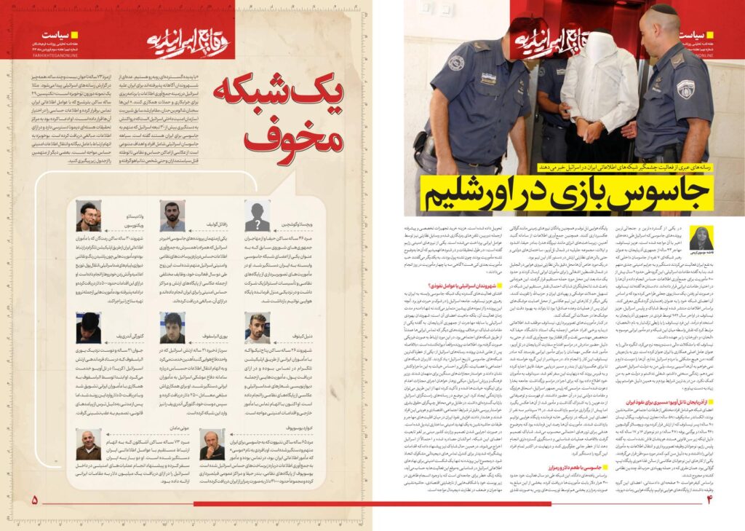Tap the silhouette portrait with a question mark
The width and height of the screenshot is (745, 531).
pos(257,216)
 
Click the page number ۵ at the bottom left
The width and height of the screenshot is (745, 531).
pos(33,500)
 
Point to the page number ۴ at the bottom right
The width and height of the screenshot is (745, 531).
pos(711,500)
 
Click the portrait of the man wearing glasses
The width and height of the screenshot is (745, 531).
pos(89,216)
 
